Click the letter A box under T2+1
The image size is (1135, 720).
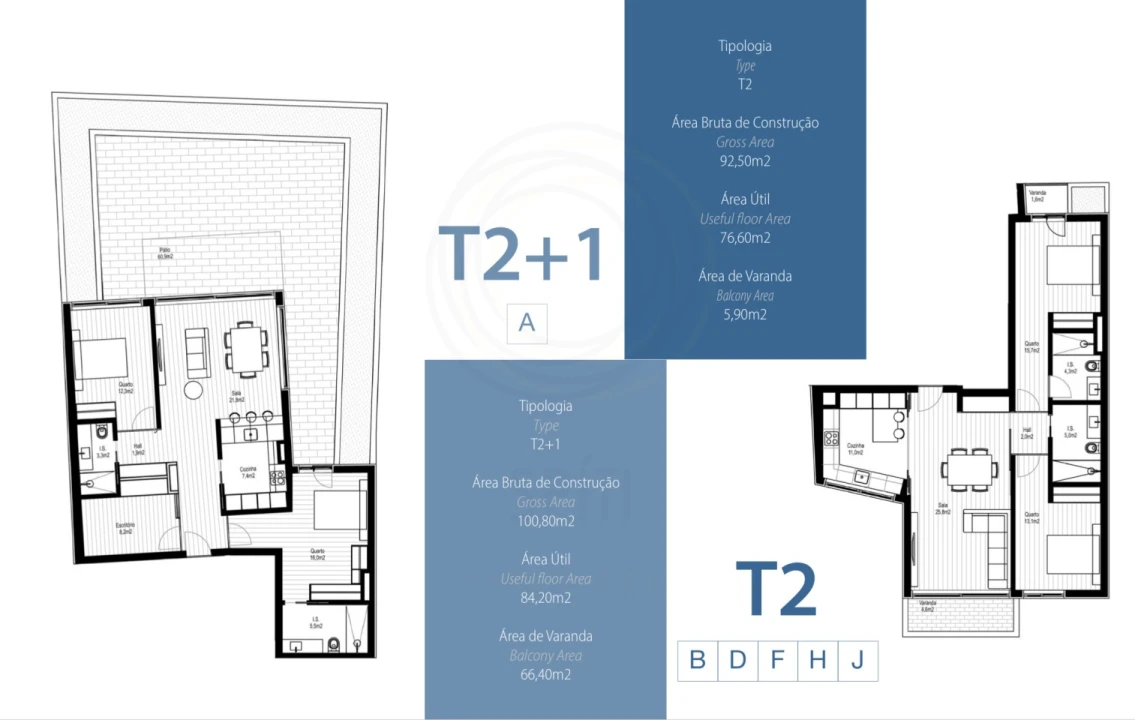527,323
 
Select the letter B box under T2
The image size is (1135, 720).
697,660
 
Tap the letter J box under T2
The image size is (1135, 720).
857,660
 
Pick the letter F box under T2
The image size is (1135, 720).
777,660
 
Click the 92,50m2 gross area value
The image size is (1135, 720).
745,161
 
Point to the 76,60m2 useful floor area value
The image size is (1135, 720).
745,238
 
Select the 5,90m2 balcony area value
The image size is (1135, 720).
745,314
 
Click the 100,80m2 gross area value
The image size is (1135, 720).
546,521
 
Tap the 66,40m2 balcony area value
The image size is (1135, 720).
546,675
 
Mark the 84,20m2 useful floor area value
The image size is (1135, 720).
546,598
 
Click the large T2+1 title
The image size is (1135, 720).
521,254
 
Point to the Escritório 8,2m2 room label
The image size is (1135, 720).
125,528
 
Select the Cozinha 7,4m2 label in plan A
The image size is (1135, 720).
248,473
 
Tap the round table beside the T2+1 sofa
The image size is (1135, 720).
193,391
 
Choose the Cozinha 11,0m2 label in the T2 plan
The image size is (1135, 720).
855,449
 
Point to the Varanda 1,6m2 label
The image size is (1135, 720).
1037,197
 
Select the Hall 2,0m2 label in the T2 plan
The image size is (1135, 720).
1026,434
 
